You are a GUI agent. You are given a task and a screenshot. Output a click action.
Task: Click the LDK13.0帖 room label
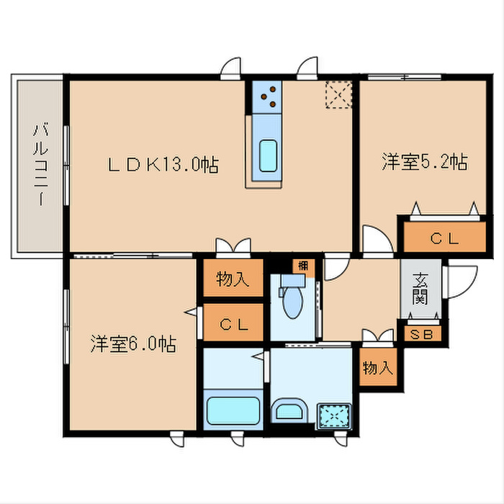[163, 164]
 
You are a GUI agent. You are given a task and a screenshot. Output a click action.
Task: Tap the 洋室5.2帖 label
[425, 162]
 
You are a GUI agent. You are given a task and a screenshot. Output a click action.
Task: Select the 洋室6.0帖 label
[133, 343]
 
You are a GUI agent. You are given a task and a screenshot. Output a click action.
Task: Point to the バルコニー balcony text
[40, 165]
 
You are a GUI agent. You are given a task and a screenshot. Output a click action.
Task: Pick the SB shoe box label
[420, 335]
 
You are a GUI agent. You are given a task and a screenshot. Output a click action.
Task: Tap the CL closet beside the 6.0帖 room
[233, 323]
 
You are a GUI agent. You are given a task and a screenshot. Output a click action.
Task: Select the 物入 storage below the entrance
[377, 368]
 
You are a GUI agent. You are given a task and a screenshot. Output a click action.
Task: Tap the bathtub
[233, 410]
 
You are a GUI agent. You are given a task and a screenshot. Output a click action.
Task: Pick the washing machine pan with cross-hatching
[333, 416]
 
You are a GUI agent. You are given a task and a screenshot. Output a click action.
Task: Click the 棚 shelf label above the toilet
[303, 265]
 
